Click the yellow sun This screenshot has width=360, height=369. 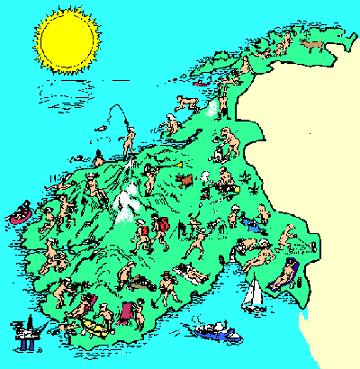tap(67, 41)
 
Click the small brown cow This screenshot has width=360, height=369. tap(185, 181)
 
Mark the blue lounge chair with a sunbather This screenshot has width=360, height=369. tap(291, 270)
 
